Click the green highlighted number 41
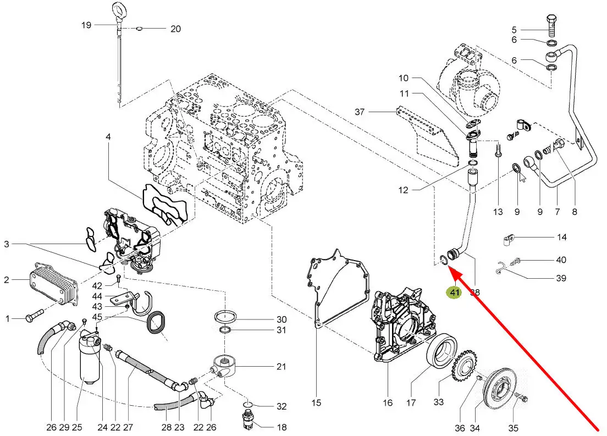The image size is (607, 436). [x=455, y=292]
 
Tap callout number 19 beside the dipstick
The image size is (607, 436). [x=86, y=25]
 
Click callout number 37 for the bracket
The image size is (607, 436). [x=360, y=112]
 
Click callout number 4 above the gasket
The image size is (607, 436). [x=108, y=136]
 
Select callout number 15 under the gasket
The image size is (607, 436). [x=316, y=402]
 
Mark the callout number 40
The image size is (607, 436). [x=561, y=260]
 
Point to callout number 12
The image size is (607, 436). [x=404, y=190]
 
